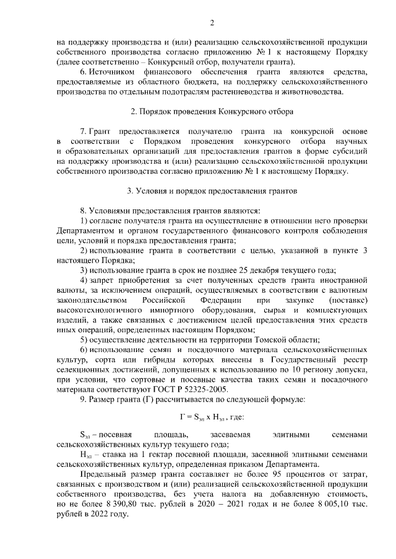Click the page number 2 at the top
pos(212,24)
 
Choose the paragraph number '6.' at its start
pos(85,72)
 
